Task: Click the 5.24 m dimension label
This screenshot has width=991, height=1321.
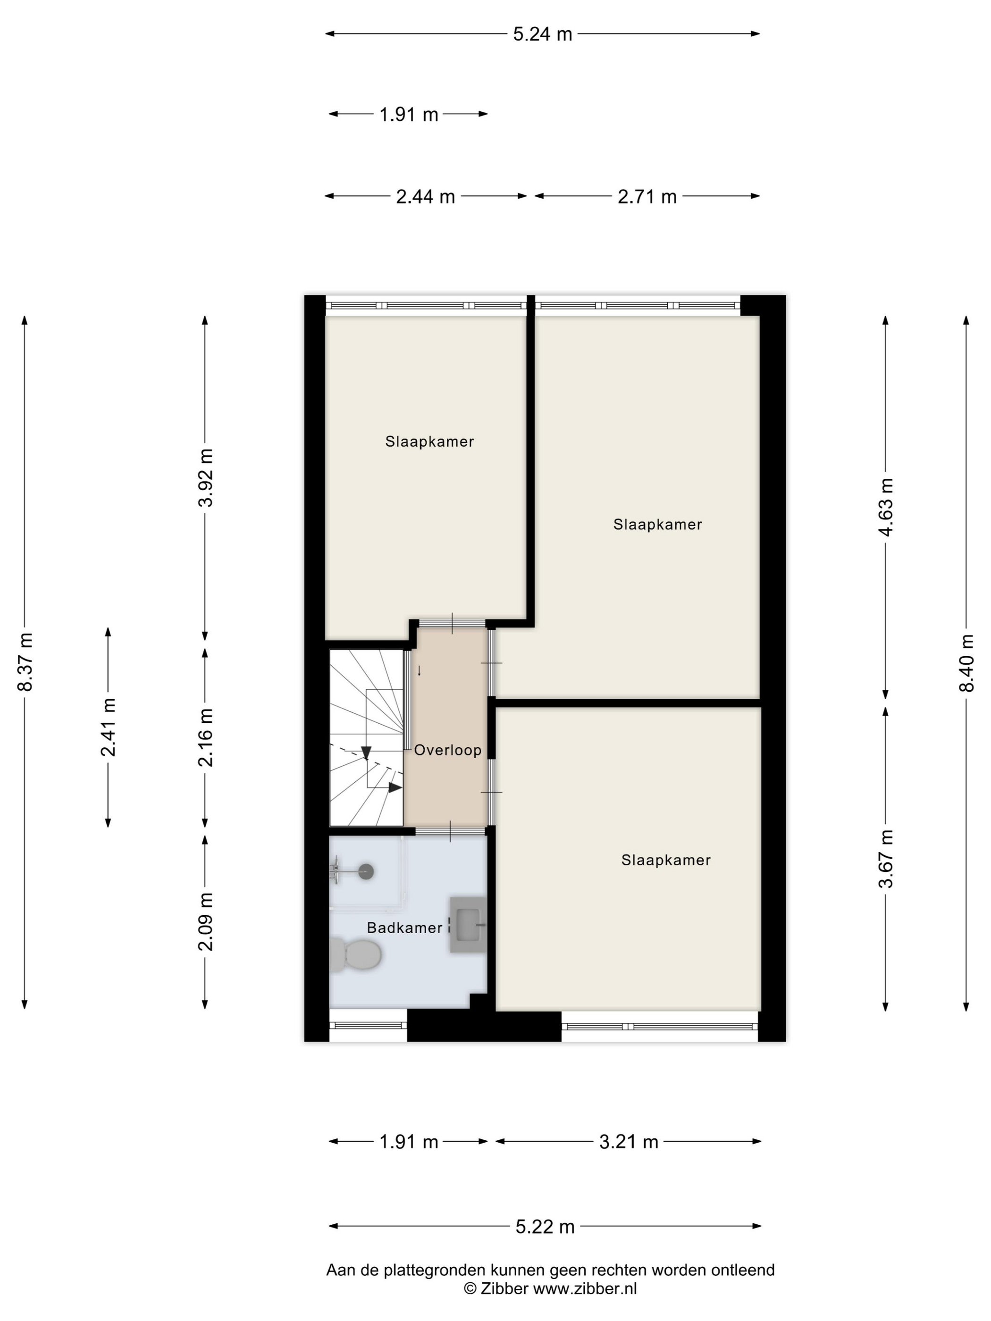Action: tap(542, 34)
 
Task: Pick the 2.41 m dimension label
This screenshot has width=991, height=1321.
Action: tap(109, 727)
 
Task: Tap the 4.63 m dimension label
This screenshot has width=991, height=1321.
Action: tap(886, 507)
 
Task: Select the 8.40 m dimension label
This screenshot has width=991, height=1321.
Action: tap(966, 662)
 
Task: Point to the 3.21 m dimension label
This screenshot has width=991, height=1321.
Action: tap(629, 1142)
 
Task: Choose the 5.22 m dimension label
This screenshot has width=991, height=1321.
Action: tap(545, 1227)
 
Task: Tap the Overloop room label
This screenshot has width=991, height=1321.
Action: tap(447, 750)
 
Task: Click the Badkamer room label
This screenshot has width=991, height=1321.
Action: tap(404, 928)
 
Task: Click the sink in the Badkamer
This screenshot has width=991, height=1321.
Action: tap(468, 924)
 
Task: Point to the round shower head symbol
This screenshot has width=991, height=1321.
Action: tap(366, 872)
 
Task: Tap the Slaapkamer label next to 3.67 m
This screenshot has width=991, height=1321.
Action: tap(666, 860)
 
